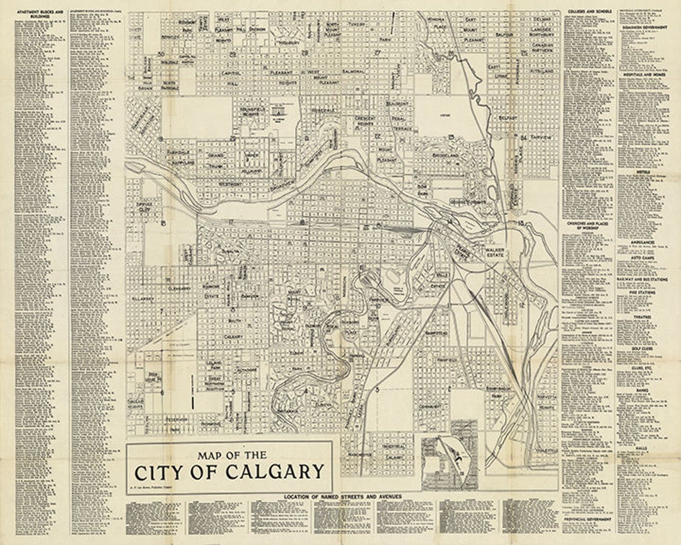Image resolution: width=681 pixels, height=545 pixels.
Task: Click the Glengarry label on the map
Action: [x=180, y=288]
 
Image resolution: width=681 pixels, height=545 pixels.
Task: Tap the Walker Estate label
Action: [x=496, y=254]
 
